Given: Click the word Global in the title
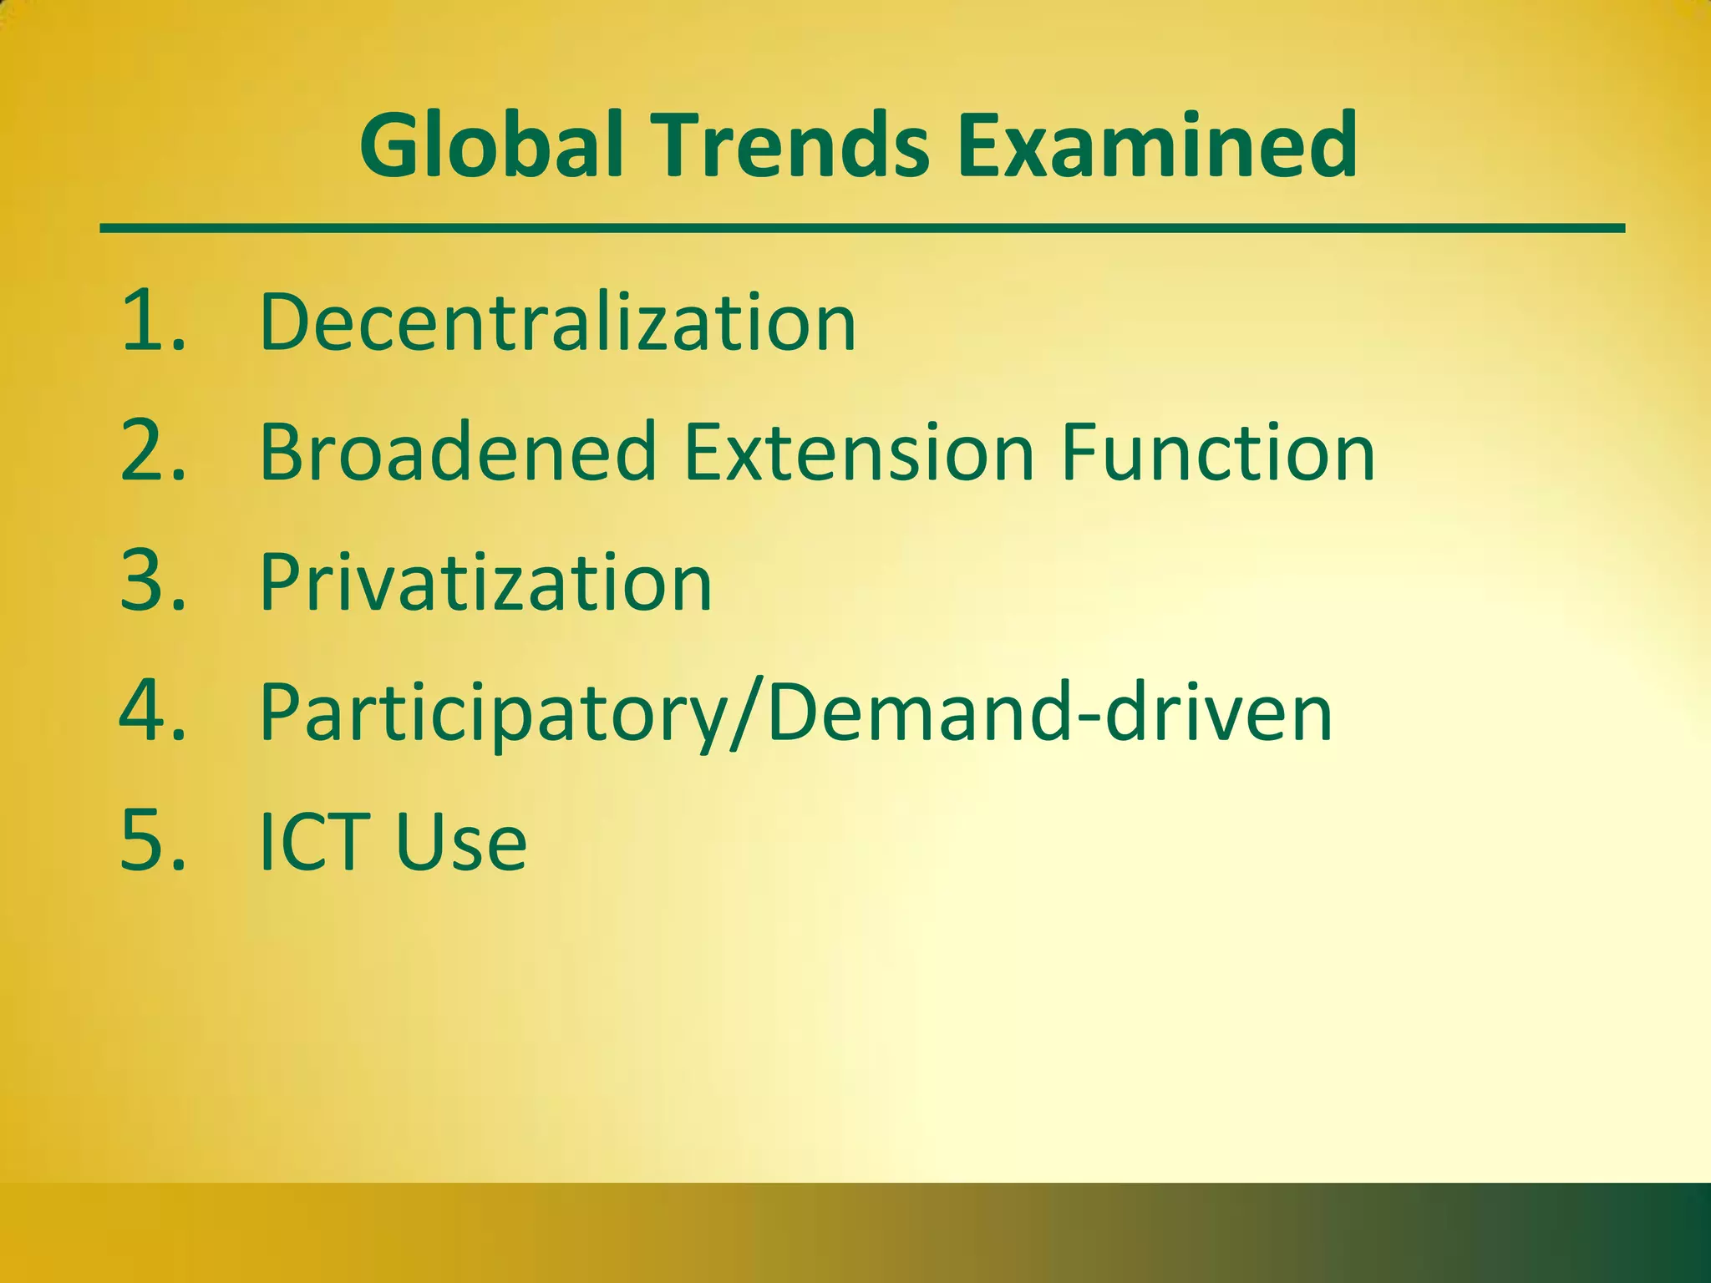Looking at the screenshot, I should point(492,145).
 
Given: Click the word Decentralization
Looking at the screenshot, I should point(558,322).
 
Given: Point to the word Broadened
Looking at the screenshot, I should point(458,452).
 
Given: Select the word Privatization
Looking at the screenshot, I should point(485,582).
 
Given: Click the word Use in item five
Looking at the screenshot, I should point(460,842).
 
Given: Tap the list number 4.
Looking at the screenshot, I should point(142,712).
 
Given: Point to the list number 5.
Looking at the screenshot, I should point(142,841).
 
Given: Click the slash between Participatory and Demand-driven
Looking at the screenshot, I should point(746,715).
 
